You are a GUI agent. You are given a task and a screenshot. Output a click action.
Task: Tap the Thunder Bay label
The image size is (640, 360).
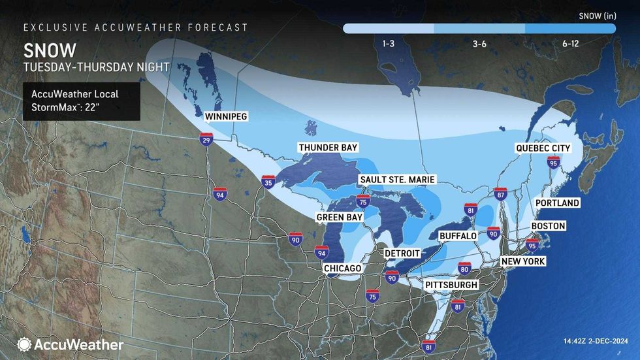(x=328, y=148)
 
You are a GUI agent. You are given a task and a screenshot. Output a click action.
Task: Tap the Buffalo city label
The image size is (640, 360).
(x=458, y=235)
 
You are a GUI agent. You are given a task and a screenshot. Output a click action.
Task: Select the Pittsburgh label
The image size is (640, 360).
(x=451, y=285)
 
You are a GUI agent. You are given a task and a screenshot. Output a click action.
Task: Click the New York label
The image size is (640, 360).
(x=522, y=261)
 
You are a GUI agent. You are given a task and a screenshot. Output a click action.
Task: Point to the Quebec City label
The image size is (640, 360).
(x=543, y=148)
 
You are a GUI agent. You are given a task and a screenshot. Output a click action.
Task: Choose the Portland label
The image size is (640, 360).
(x=557, y=203)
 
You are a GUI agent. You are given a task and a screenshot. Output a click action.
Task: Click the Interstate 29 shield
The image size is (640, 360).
(x=206, y=139)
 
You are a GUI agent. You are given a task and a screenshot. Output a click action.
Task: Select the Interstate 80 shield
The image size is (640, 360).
(x=464, y=267)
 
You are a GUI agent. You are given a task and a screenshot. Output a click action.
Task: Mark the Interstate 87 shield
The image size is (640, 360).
(x=500, y=193)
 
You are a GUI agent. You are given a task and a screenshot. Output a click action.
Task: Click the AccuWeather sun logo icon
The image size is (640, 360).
(x=24, y=344)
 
